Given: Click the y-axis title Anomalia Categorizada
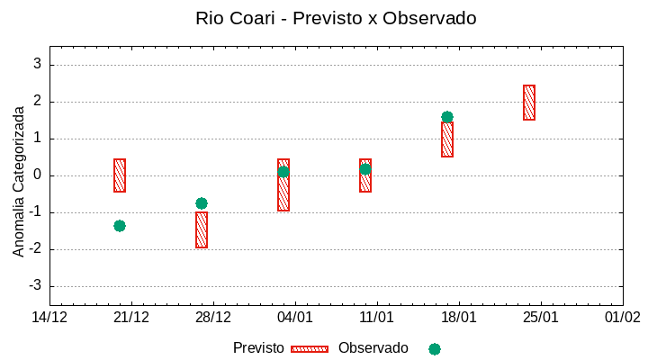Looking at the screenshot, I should [x=19, y=181].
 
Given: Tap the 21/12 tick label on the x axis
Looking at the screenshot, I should [x=131, y=318].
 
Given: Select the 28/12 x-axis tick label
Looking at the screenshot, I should [x=213, y=318].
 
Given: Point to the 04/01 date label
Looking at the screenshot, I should [x=295, y=318].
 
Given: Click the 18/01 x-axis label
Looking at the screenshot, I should [x=459, y=318].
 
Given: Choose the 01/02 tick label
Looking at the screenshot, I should [x=623, y=318].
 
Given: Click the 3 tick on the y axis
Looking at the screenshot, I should [x=38, y=65].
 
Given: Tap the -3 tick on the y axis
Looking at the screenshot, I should [x=35, y=286].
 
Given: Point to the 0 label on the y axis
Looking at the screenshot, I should [x=38, y=175].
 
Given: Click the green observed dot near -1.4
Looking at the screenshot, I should [x=120, y=226].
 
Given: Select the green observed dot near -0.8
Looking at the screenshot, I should [x=202, y=203].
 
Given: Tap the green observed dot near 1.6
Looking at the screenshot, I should [x=447, y=117].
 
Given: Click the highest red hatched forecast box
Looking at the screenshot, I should [x=529, y=103].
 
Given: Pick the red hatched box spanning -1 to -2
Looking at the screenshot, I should [x=202, y=229].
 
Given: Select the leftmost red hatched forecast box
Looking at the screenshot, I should [x=120, y=175].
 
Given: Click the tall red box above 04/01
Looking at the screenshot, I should [x=283, y=185].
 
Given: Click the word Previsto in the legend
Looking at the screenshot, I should [x=258, y=348].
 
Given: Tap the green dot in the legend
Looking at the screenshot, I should [x=435, y=349].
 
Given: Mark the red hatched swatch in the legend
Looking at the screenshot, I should [x=310, y=349].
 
